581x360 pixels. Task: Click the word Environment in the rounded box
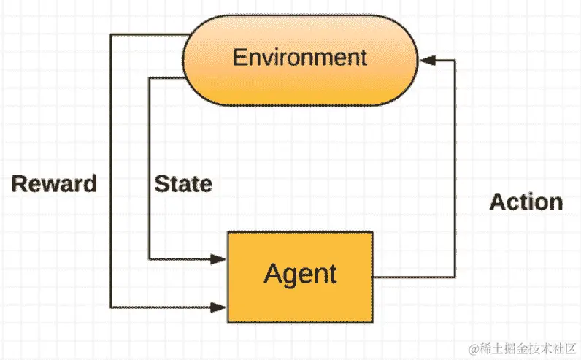click(299, 57)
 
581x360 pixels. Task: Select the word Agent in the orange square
click(300, 274)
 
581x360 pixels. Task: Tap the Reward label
click(54, 183)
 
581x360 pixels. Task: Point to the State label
click(183, 183)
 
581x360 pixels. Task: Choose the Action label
click(526, 202)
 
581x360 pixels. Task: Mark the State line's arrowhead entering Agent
click(220, 258)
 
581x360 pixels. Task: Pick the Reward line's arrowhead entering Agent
click(220, 305)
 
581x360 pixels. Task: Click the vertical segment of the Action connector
click(455, 168)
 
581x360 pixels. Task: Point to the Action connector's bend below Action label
click(455, 277)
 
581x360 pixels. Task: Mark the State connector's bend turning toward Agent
click(149, 258)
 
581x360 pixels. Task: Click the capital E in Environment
click(239, 57)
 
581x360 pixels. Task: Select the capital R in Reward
click(19, 183)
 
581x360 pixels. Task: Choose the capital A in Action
click(497, 202)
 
